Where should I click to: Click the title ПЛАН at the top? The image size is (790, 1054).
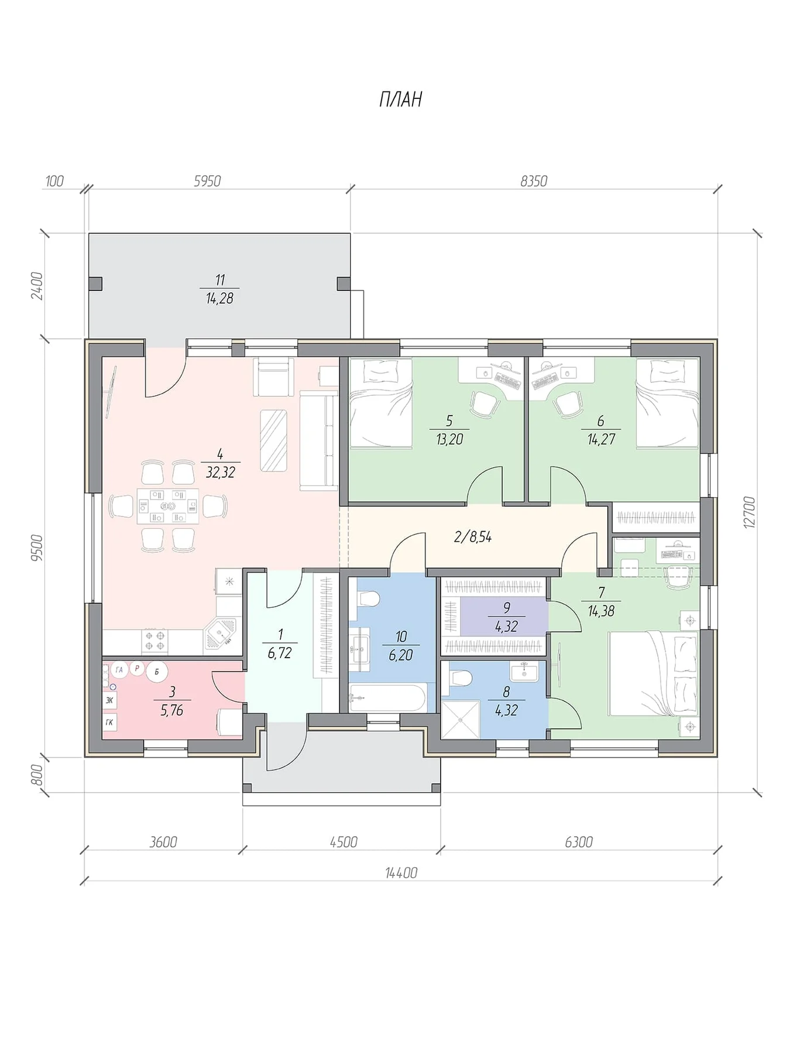coord(400,100)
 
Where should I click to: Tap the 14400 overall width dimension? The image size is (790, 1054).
coord(401,873)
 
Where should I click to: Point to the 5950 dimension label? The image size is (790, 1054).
coord(207,181)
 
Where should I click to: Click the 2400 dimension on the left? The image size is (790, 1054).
coord(37,286)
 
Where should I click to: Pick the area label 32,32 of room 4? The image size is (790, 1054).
coord(221,472)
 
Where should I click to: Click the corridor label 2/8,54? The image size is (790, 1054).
coord(473,536)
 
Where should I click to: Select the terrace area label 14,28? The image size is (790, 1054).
coord(219,298)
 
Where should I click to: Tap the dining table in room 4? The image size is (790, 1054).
coord(168,506)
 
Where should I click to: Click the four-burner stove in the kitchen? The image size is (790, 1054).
coord(155,641)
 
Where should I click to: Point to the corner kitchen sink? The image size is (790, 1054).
coord(221,635)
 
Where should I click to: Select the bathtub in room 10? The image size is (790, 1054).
coord(387,698)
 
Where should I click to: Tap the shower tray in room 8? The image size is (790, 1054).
coord(460,720)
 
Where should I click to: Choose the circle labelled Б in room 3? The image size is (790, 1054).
coord(157,672)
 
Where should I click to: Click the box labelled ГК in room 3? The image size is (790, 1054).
coord(109,722)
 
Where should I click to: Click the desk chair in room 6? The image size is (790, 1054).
coord(566,404)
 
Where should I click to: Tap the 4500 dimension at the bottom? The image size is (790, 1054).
coord(344,842)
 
